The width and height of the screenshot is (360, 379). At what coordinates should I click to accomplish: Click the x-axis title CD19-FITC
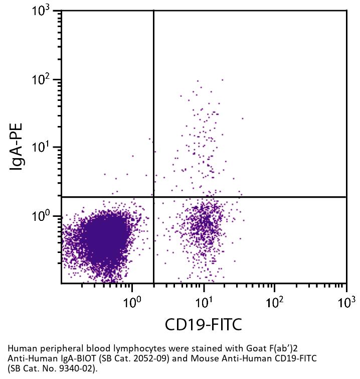point(203,324)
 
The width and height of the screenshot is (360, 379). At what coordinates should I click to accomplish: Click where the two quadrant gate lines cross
point(153,197)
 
